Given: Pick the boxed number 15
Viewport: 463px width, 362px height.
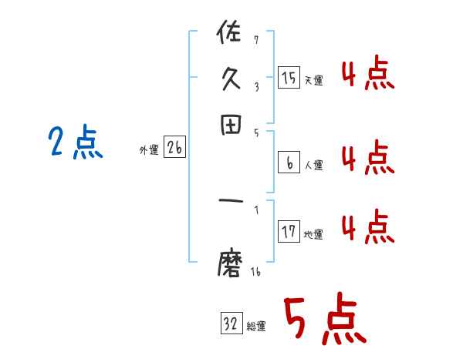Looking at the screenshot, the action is [x=289, y=77].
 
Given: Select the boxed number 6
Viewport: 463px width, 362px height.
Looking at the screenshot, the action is [x=289, y=163].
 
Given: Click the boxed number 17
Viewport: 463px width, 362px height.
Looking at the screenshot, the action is [x=289, y=232].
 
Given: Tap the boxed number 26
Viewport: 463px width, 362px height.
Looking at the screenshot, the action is [x=174, y=149].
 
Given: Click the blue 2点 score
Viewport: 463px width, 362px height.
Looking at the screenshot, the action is [x=76, y=143].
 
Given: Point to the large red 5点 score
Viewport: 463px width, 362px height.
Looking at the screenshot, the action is [x=323, y=320].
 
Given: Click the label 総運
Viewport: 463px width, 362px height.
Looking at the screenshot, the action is [x=257, y=327].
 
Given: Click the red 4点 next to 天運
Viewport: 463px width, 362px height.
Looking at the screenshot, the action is [x=367, y=75].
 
